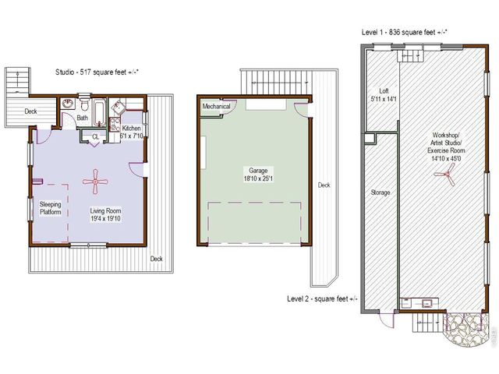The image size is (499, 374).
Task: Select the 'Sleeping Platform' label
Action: coord(51,207)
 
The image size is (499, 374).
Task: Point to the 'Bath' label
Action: coord(82,118)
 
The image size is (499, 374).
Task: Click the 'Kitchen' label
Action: coord(131,128)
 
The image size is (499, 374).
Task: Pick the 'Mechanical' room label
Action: coord(216,106)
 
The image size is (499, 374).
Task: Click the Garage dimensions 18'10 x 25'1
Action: coord(257,178)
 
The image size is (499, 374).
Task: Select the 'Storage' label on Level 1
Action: coord(380,192)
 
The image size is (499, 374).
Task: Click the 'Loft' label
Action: coord(384,90)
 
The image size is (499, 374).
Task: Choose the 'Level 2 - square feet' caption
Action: coord(322,298)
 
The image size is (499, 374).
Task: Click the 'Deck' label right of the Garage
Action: coord(324,185)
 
